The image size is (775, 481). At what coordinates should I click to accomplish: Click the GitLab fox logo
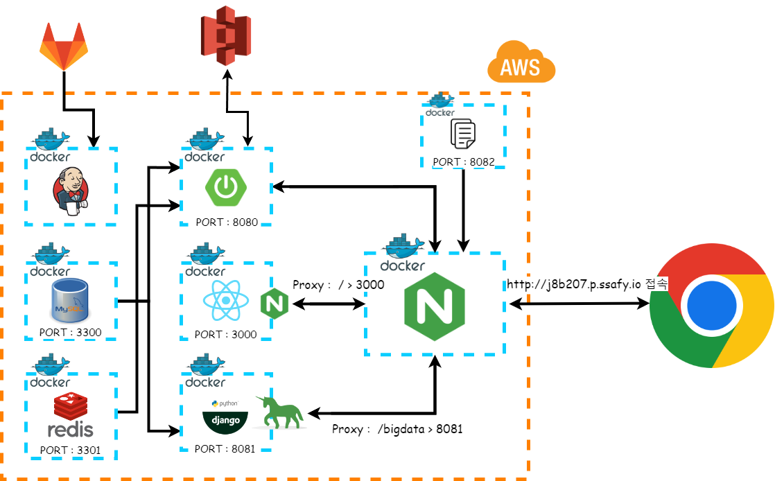pos(64,46)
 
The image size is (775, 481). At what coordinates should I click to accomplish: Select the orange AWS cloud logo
pos(521,63)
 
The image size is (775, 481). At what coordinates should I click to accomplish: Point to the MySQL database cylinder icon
pos(69,300)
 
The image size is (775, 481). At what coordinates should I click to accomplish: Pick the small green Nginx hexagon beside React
pos(274,304)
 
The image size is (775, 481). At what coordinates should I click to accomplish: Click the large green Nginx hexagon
pos(434,306)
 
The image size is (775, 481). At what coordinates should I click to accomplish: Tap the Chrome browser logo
pos(713,306)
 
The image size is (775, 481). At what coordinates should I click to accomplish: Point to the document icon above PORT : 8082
pos(462,133)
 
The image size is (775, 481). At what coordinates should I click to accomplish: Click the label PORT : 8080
pos(226,223)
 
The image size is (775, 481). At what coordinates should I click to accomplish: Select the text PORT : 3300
pos(70,332)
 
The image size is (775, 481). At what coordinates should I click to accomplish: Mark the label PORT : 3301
pos(70,450)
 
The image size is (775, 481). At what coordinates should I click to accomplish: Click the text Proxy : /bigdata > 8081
pos(397,429)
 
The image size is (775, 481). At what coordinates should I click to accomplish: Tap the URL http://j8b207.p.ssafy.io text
pos(574,284)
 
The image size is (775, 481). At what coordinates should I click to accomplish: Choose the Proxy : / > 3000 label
pos(338,284)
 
